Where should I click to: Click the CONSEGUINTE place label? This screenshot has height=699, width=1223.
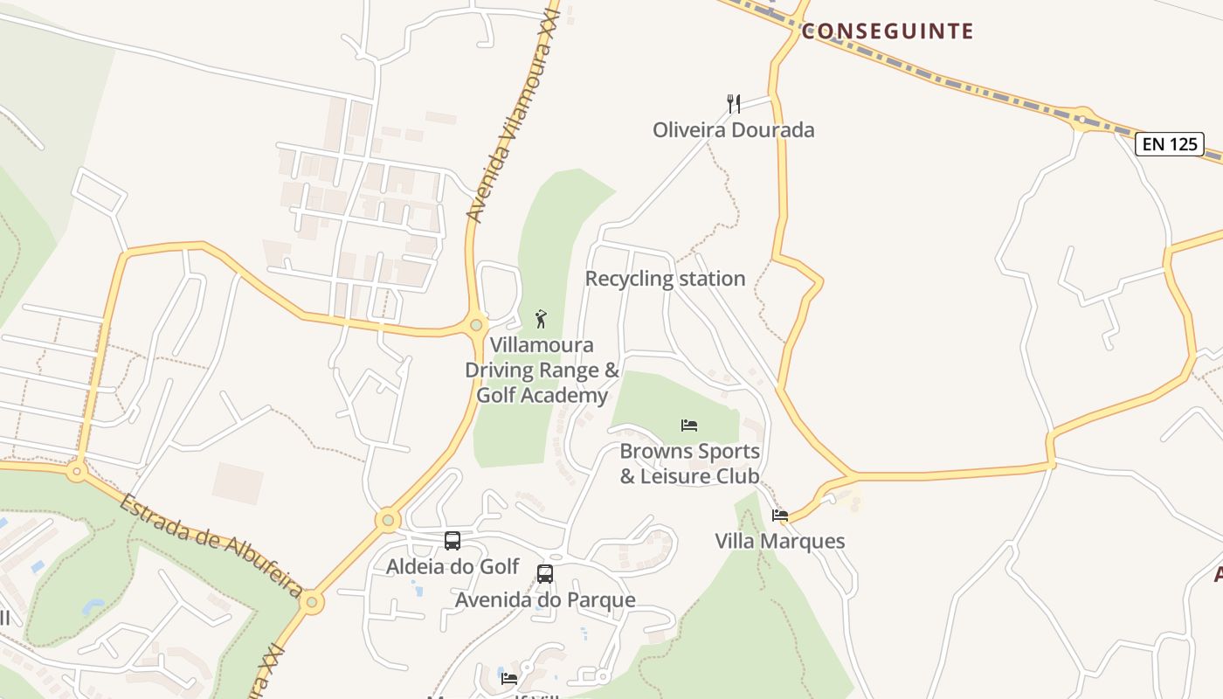coord(887,31)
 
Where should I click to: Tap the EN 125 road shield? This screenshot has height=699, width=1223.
coord(1170,144)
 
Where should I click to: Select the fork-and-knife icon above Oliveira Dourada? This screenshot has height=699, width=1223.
coord(734,104)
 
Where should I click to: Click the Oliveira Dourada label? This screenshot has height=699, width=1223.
coord(734,130)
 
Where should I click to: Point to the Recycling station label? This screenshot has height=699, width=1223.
coord(665,279)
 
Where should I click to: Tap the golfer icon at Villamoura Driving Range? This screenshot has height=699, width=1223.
coord(541,319)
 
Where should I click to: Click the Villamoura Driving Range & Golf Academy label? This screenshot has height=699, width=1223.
coord(542,370)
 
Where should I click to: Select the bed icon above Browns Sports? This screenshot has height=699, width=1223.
coord(689,426)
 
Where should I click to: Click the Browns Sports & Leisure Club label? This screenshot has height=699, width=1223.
coord(689,464)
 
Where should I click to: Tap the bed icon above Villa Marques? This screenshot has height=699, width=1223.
coord(780,516)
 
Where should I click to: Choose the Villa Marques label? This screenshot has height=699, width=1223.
coord(780,541)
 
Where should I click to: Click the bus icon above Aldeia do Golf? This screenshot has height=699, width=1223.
coord(453,541)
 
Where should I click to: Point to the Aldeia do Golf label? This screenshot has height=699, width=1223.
coord(453,567)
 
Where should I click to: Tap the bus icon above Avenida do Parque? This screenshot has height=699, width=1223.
coord(545,574)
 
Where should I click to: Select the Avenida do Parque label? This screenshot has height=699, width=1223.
coord(545,600)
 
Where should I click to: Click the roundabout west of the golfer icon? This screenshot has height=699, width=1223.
coord(476,325)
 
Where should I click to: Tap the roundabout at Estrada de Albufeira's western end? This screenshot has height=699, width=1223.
coord(77,472)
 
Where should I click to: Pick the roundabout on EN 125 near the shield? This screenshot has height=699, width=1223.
coord(1082,119)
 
